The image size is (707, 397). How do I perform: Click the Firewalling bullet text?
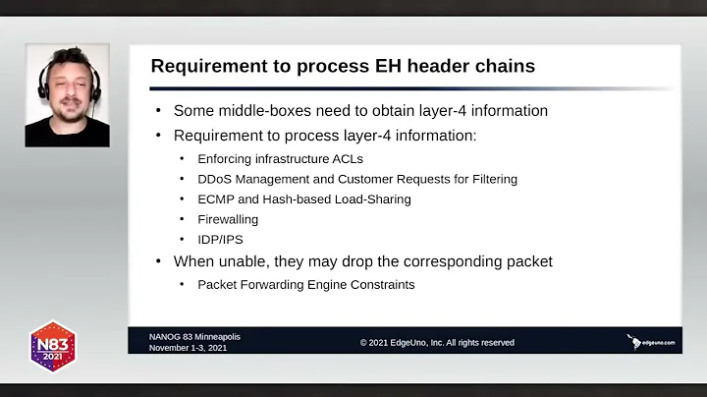point(228,220)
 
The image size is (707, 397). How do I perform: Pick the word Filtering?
point(490,179)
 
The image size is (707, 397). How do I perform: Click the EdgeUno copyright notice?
point(437,343)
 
